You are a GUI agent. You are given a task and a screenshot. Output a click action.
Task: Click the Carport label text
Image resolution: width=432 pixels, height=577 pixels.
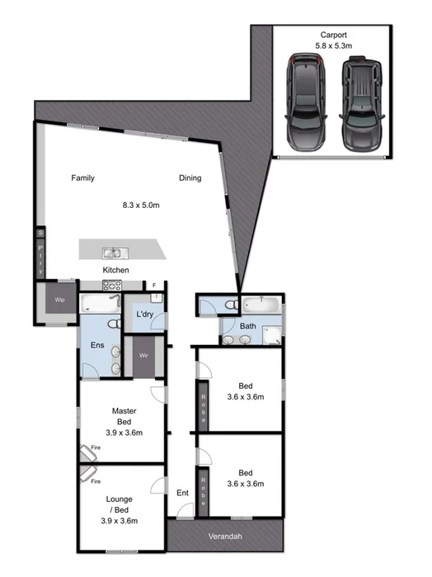(334, 34)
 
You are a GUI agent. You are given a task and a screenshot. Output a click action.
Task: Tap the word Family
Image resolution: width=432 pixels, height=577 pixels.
(82, 177)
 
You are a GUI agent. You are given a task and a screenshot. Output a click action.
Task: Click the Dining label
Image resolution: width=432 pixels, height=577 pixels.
(190, 177)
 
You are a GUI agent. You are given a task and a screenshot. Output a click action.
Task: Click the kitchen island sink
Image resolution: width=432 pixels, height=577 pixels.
(113, 252)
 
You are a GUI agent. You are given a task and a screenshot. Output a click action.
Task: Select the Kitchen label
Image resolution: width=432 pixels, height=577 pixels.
(115, 271)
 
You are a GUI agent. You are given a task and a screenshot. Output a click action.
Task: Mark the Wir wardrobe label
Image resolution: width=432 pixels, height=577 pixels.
(143, 357)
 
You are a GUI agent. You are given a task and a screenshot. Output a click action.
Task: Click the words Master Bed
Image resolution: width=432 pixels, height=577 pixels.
(124, 416)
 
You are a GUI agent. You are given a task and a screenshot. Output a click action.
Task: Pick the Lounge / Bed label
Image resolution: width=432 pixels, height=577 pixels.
(120, 509)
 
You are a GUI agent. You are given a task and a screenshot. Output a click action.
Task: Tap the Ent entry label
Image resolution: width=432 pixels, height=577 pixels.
(182, 494)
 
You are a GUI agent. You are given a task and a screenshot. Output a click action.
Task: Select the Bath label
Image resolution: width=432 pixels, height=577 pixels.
(247, 326)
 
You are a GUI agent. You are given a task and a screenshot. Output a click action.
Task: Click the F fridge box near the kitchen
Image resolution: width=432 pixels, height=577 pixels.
(153, 285)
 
